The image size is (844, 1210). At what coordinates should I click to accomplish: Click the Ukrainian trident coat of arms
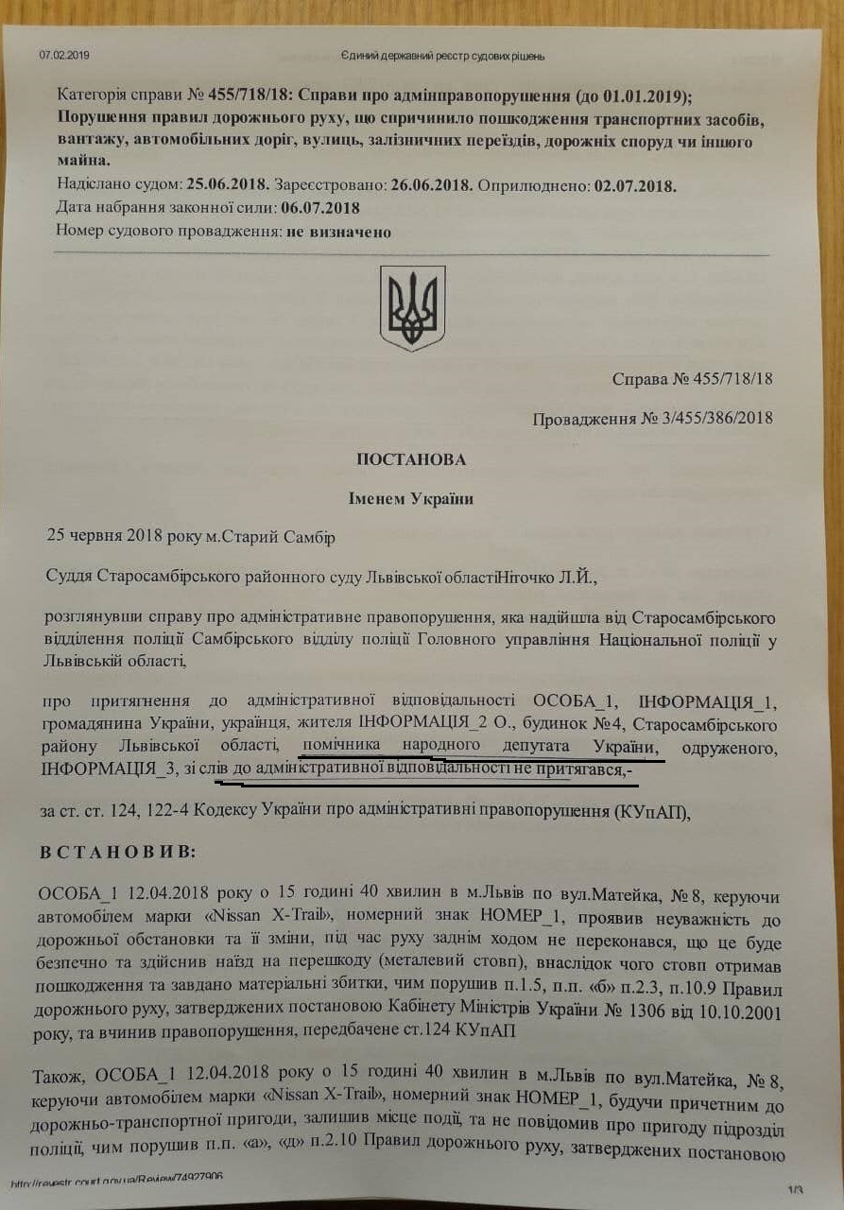click(412, 308)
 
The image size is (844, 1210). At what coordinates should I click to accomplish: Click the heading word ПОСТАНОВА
click(411, 459)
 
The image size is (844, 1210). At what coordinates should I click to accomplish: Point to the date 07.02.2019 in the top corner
click(64, 55)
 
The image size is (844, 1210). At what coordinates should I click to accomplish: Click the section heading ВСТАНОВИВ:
click(117, 852)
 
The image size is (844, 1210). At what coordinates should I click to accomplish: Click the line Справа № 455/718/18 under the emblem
click(692, 379)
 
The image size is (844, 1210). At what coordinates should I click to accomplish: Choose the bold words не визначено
click(338, 231)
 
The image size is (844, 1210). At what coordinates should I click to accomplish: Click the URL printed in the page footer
click(118, 1181)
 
